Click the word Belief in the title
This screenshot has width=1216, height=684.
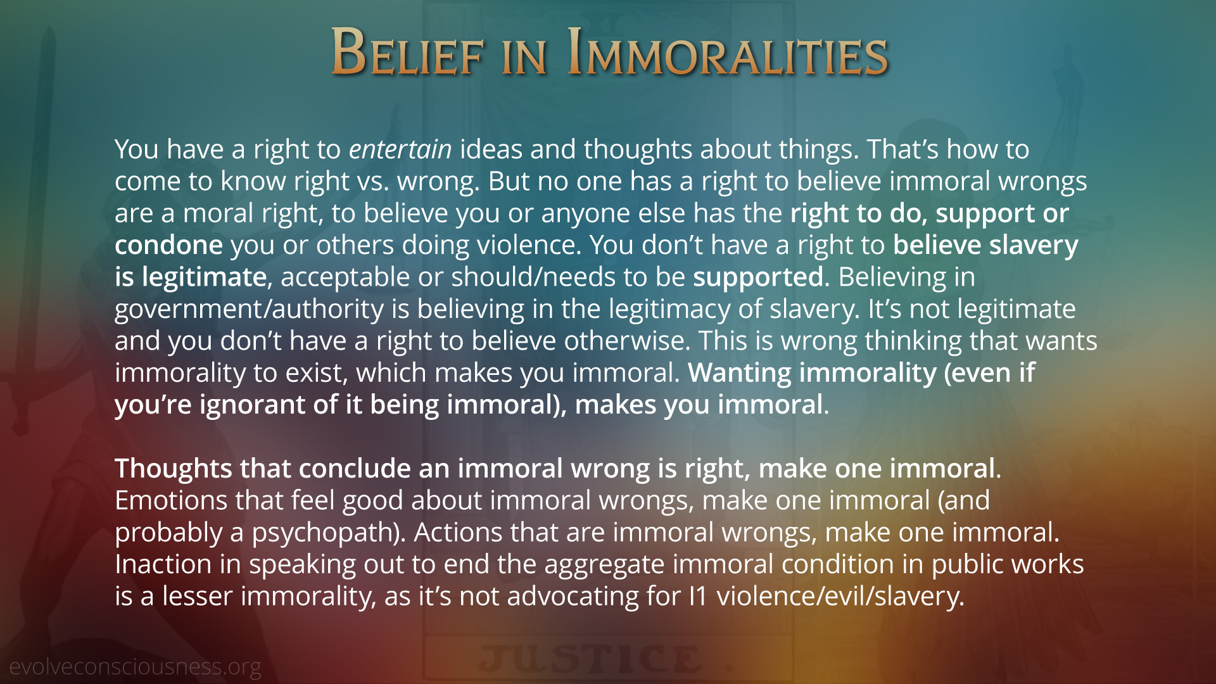(x=408, y=53)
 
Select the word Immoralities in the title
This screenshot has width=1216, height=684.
(x=728, y=53)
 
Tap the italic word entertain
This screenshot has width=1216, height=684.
(x=400, y=149)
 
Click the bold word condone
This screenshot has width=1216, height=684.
(x=168, y=245)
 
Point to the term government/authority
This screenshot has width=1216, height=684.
(x=249, y=310)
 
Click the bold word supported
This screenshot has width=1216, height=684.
(x=758, y=277)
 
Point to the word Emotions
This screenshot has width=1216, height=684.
(x=171, y=500)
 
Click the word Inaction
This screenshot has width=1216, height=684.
(x=163, y=564)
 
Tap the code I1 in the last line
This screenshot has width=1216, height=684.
(x=699, y=597)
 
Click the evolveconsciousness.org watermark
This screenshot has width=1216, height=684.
(x=135, y=667)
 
